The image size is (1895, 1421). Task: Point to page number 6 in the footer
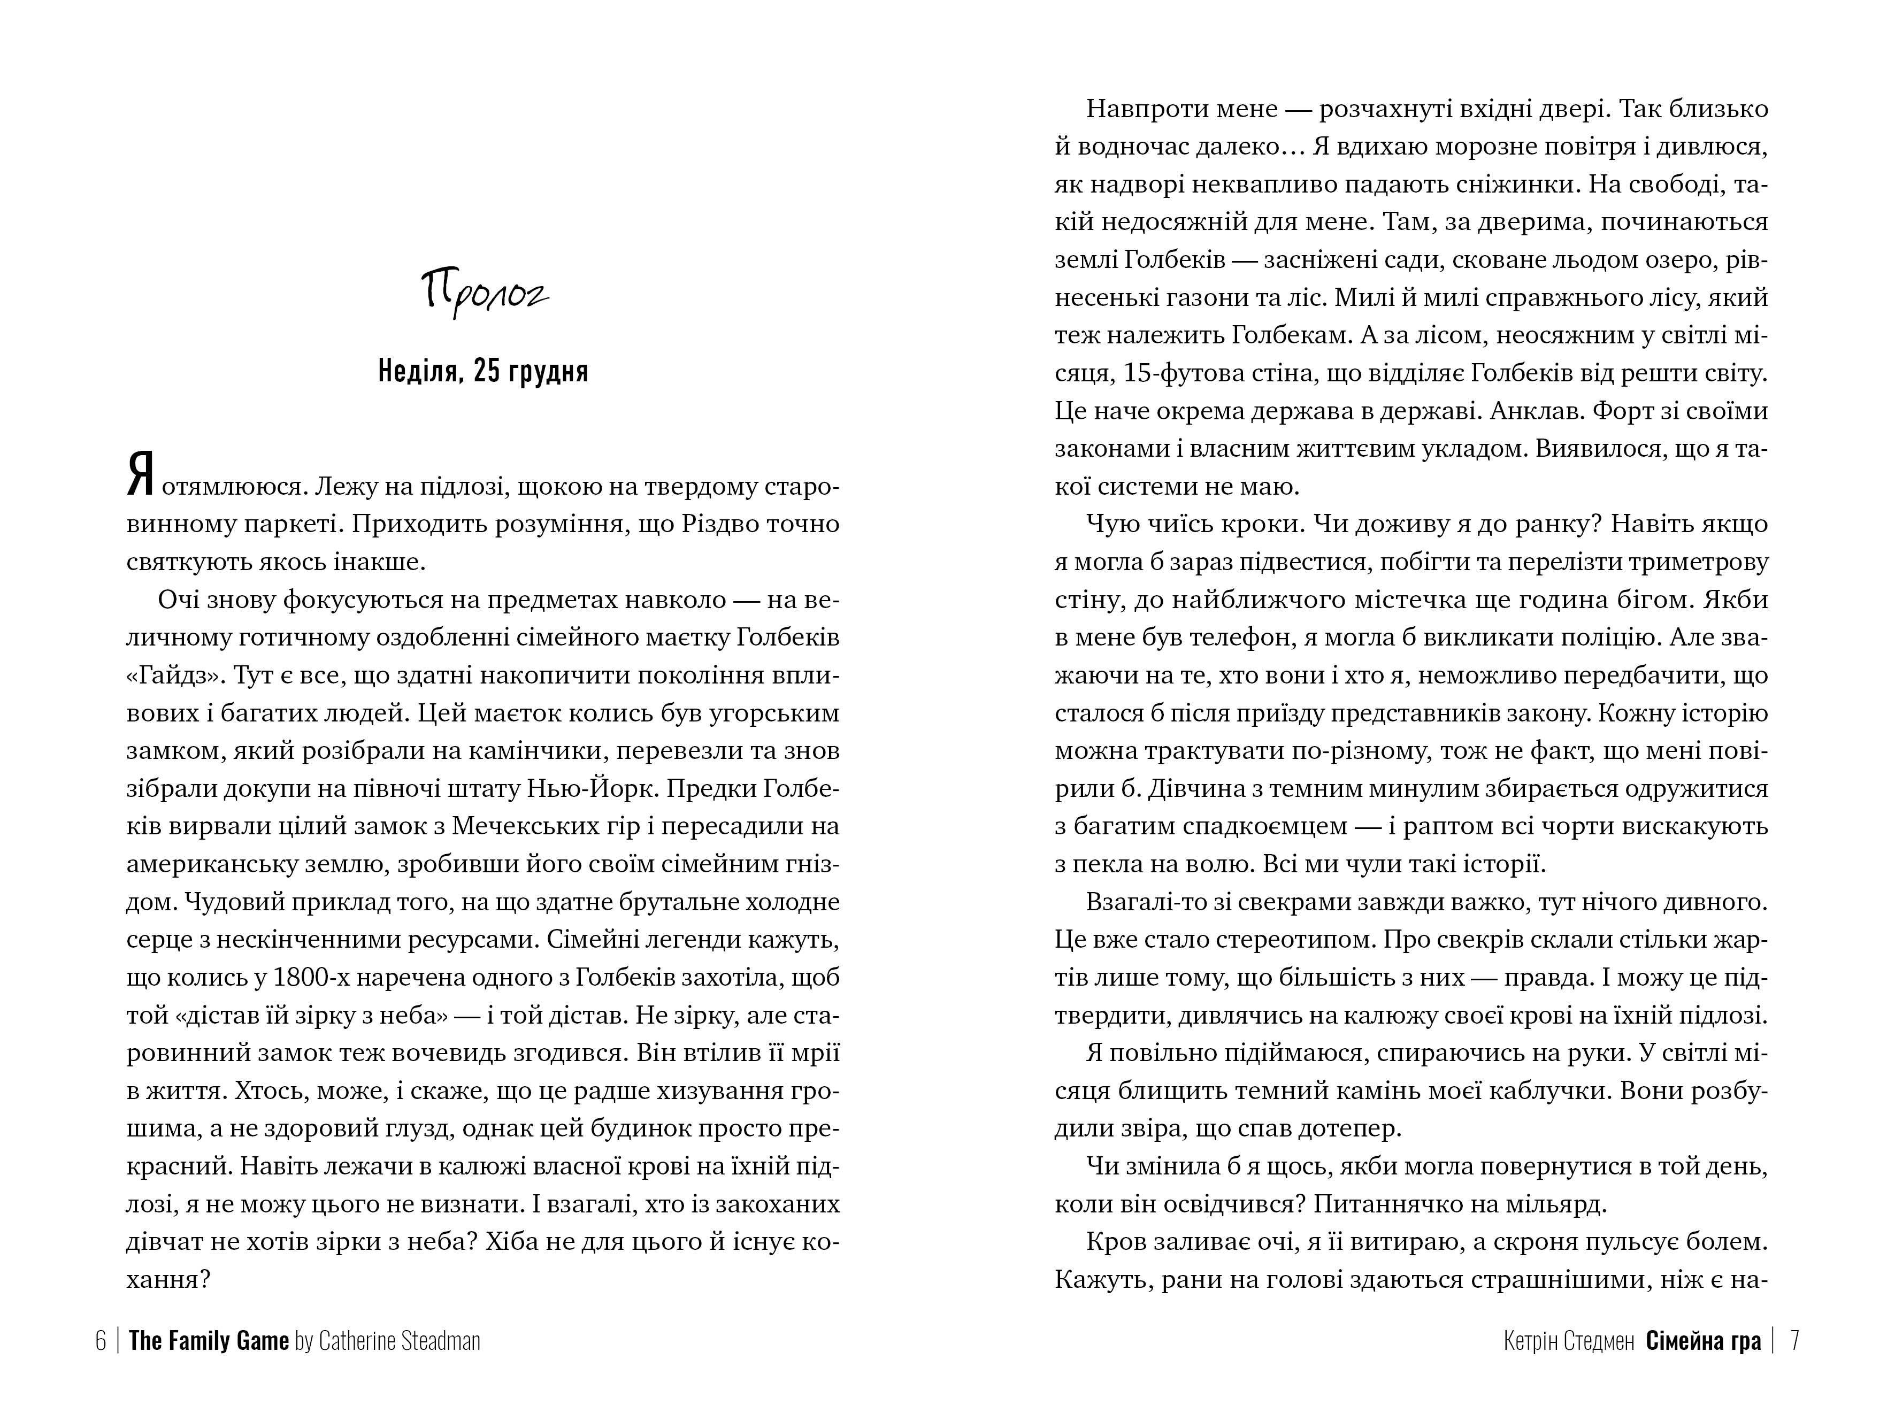pos(100,1340)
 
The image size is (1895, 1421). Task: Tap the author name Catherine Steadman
pos(399,1340)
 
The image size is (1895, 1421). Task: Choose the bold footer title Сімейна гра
pos(1703,1340)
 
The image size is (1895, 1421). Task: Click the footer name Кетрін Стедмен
pos(1569,1340)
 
